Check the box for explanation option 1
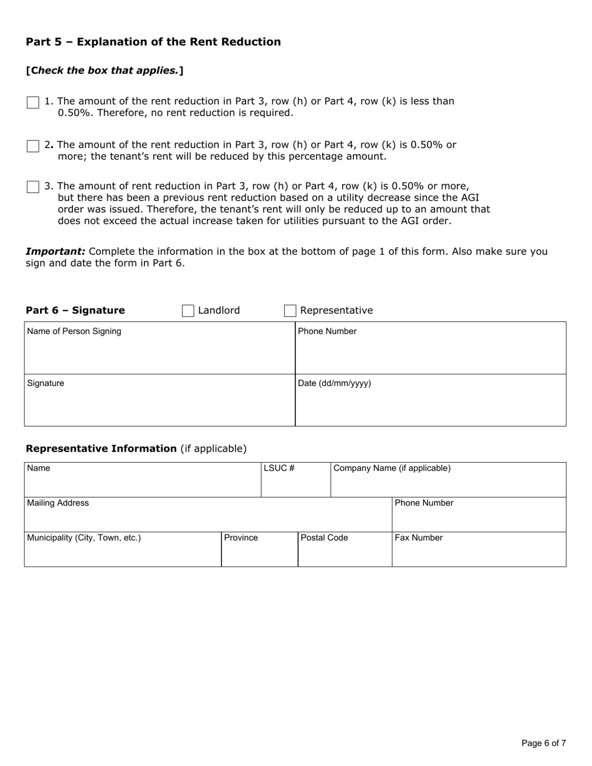tap(33, 103)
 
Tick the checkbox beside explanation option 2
tap(33, 146)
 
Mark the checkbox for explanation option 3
tap(33, 187)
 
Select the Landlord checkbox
tap(188, 311)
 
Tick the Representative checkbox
tap(290, 311)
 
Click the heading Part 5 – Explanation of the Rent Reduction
tap(153, 42)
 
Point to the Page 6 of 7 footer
tap(543, 743)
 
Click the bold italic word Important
tap(55, 252)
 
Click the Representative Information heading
tap(101, 448)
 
